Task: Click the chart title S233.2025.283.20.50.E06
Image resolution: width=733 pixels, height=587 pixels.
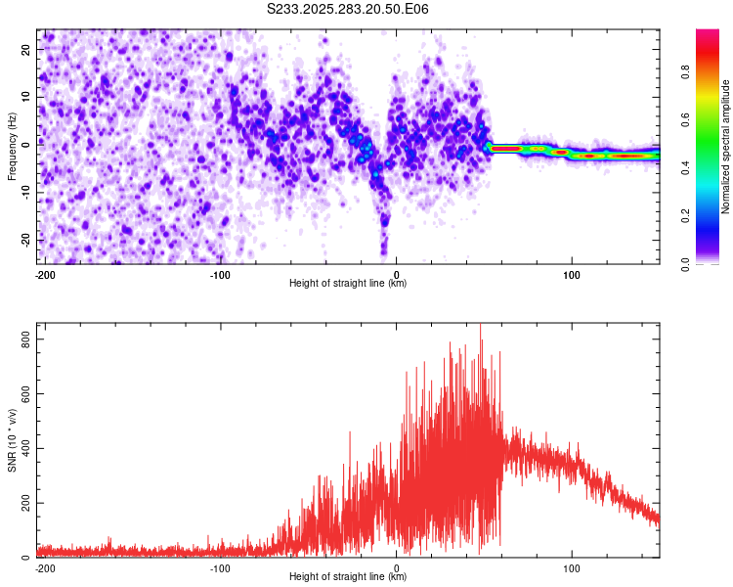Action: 348,9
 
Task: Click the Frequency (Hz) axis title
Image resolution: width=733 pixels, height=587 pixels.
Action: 13,147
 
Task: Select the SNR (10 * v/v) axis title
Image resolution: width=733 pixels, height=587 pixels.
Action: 13,440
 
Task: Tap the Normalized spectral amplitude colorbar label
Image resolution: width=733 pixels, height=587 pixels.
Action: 726,147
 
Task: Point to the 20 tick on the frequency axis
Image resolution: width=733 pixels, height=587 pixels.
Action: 26,49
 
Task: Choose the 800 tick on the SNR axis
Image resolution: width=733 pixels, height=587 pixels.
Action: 22,339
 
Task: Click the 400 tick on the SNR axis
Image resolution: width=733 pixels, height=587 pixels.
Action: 22,448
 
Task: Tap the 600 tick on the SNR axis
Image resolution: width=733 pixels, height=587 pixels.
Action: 22,393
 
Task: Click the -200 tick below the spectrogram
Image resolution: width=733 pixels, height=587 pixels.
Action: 44,273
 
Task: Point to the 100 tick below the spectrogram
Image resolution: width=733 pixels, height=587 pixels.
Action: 572,273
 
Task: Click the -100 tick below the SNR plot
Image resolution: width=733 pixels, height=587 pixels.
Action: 220,566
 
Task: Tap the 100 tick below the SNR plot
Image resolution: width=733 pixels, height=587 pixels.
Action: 572,566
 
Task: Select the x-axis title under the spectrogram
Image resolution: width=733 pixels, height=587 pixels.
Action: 348,284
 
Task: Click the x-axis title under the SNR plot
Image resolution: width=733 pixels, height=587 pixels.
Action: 348,577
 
